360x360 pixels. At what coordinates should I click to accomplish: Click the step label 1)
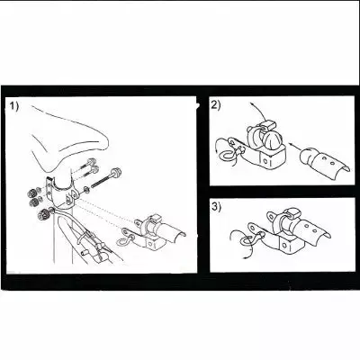13,106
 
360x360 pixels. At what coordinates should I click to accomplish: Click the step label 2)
216,105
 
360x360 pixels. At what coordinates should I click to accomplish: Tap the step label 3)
216,207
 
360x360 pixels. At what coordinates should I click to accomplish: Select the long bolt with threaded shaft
103,179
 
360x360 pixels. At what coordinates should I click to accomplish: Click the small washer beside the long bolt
86,189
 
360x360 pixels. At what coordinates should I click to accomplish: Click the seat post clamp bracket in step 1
61,192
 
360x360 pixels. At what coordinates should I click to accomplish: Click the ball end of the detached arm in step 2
307,154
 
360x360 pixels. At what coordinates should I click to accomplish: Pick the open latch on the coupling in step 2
267,124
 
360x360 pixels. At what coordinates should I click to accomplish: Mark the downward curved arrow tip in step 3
244,257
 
